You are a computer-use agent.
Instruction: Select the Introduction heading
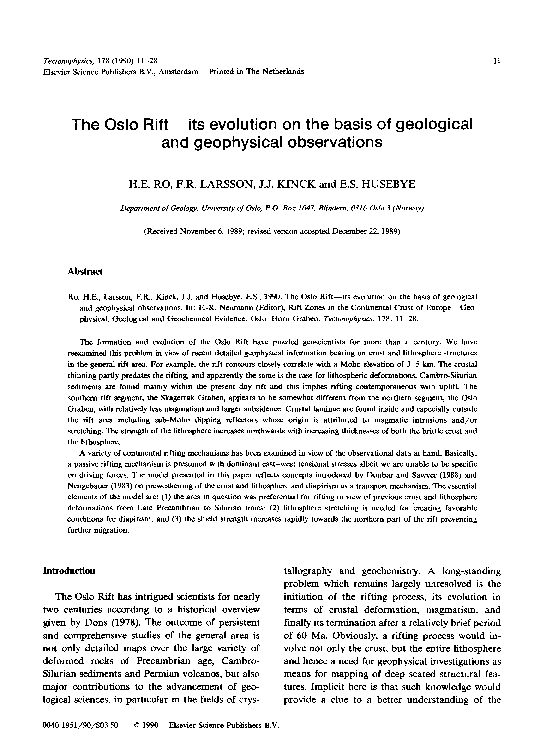71,569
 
